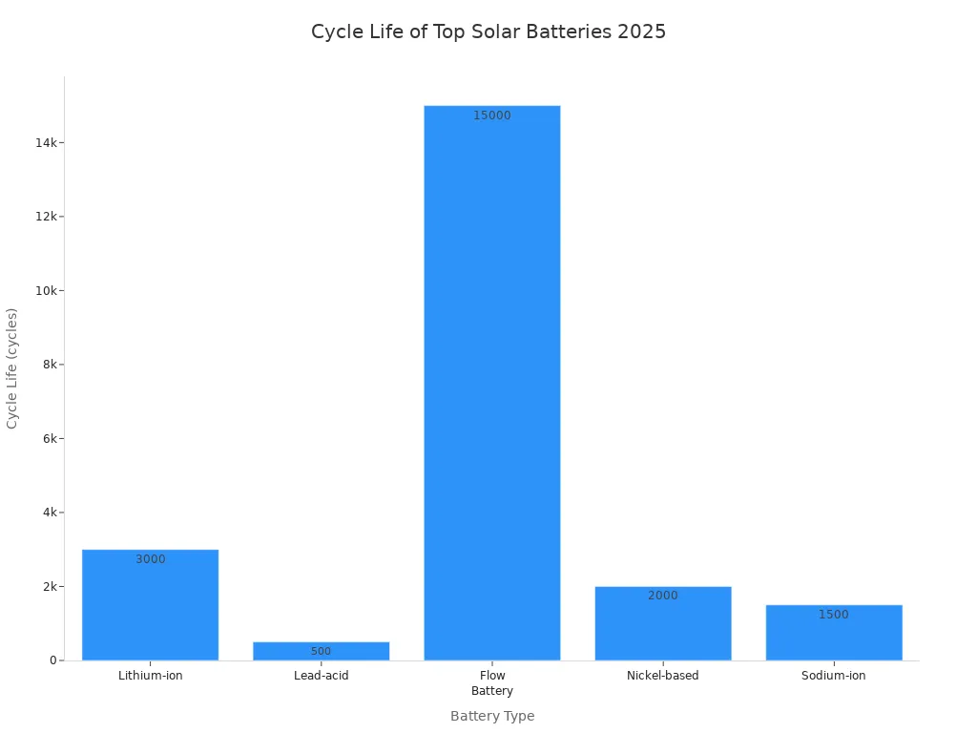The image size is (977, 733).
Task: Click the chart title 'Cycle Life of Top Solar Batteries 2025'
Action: tap(488, 31)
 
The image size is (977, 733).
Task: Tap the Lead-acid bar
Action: tap(321, 651)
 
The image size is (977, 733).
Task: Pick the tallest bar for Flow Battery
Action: tap(492, 382)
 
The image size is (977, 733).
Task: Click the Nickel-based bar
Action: tap(663, 625)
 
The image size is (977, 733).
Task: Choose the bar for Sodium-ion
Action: tap(834, 635)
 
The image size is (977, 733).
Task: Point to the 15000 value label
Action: tap(492, 115)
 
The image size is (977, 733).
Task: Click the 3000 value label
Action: tap(151, 559)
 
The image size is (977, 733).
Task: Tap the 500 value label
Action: tap(321, 652)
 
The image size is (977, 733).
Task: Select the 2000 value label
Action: tap(663, 596)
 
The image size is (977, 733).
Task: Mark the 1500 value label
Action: tap(834, 615)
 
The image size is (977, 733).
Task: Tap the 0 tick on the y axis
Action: tap(53, 660)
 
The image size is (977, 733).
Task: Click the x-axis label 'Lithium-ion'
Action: tap(151, 676)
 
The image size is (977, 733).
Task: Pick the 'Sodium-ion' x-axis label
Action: tap(834, 676)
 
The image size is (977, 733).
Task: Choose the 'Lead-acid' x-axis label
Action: tap(322, 676)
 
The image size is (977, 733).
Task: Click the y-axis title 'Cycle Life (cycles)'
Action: tap(12, 367)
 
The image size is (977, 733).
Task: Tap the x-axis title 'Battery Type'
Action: tap(492, 716)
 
